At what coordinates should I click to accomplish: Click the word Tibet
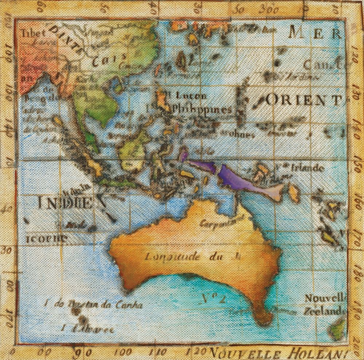[33, 33]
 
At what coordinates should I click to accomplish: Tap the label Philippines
[202, 109]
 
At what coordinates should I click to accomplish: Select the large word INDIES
[71, 202]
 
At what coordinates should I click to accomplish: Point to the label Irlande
[308, 168]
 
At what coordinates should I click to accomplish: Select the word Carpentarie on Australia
[216, 221]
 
